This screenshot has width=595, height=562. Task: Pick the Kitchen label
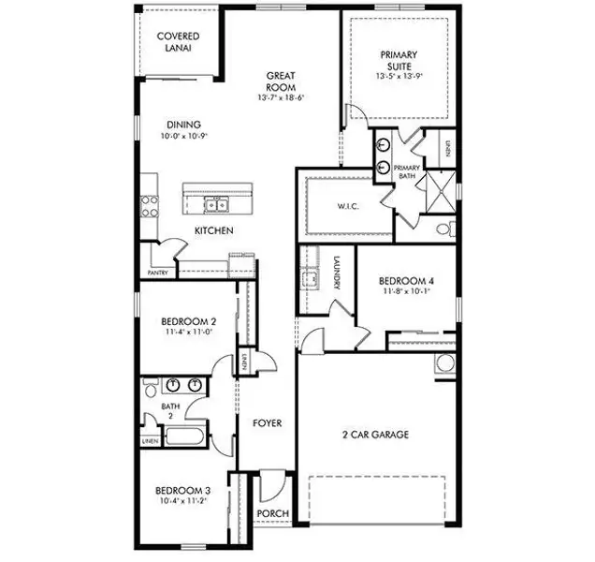pos(214,231)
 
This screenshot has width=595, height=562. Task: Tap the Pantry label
pos(156,274)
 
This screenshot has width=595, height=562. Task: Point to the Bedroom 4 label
pos(406,281)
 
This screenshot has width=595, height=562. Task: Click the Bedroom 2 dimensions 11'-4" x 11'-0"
pos(188,331)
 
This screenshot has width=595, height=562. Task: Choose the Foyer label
pos(268,423)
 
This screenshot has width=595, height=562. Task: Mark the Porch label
pos(272,513)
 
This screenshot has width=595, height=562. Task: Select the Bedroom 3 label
pos(181,491)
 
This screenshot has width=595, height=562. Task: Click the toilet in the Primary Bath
pos(445,228)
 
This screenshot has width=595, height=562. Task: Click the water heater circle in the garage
pos(445,364)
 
